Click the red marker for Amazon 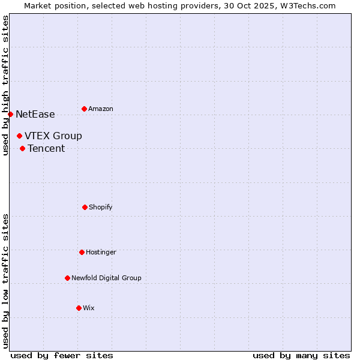[84, 109]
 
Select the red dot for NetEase [10, 114]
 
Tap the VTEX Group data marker [19, 136]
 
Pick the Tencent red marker [22, 148]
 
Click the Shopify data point [85, 207]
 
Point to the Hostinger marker [82, 252]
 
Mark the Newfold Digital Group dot [67, 278]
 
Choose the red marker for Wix [79, 308]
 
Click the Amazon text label [101, 109]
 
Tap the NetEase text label [35, 114]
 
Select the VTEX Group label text [53, 136]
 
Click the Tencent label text [46, 148]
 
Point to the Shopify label [101, 207]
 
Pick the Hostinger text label [101, 252]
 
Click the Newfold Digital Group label [106, 278]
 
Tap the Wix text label [89, 308]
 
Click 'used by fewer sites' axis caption [61, 355]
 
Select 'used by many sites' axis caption [301, 355]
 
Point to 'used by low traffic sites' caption [5, 281]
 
